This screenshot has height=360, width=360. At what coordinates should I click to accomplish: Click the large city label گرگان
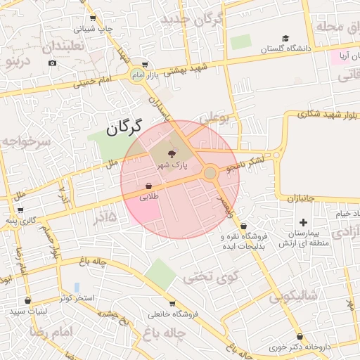(124, 127)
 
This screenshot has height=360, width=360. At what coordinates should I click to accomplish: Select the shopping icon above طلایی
(149, 186)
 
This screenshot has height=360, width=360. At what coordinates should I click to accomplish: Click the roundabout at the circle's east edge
(210, 173)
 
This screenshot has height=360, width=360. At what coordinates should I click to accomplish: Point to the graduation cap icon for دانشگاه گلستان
(285, 39)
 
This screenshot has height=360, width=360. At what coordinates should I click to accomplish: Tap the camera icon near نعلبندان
(52, 63)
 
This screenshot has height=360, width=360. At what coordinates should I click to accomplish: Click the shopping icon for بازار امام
(146, 64)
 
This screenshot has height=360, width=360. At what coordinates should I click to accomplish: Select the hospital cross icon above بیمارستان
(303, 222)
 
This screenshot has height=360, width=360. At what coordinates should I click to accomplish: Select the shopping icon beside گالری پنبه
(19, 210)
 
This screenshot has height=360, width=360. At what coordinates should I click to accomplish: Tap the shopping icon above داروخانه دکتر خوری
(300, 336)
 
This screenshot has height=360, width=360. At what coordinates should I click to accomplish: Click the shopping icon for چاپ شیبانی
(93, 18)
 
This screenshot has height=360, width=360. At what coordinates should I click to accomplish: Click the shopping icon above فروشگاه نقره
(243, 226)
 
